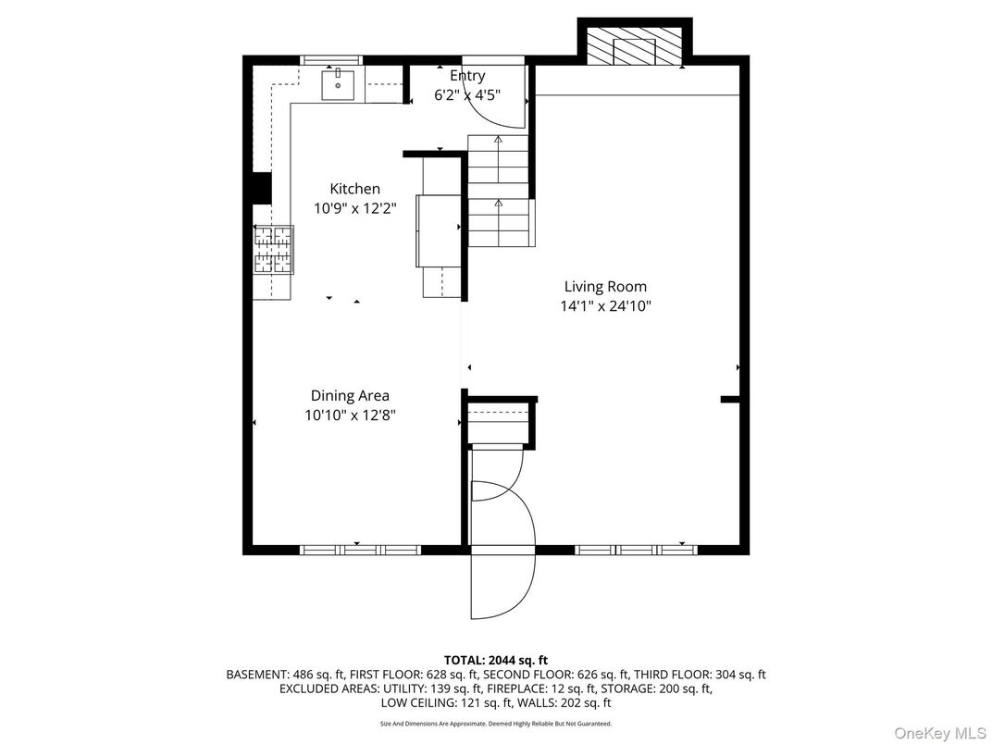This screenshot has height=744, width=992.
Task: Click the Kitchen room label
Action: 354,189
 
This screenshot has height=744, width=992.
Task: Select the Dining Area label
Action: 350,396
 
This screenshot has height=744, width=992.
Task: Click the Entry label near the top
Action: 467,76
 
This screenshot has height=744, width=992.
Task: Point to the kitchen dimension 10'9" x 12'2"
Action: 354,209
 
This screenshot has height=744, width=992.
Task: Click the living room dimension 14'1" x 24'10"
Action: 606,306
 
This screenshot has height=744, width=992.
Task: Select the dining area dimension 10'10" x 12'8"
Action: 351,416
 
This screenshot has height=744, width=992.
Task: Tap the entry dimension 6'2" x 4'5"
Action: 467,94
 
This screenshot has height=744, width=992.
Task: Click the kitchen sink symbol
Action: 338,84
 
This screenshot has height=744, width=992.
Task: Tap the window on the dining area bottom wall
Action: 361,550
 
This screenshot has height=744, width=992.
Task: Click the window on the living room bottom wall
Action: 636,550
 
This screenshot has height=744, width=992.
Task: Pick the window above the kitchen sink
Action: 333,59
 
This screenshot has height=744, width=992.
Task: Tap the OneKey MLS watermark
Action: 940,733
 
